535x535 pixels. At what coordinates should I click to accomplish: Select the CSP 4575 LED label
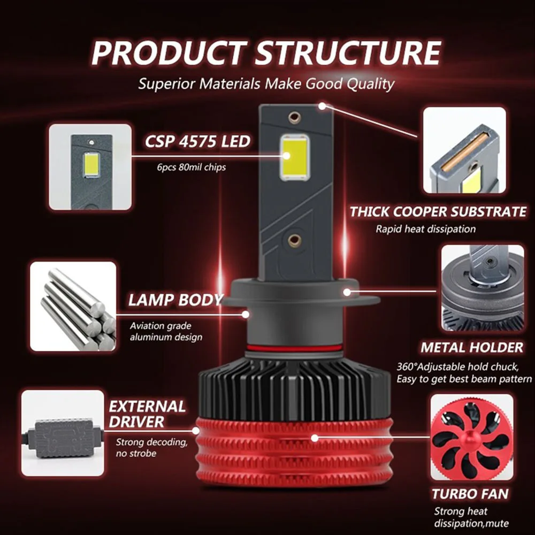point(197,141)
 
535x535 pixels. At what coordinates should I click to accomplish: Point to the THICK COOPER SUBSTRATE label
point(438,211)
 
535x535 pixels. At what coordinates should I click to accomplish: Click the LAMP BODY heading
point(174,300)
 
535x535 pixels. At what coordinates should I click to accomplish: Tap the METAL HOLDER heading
point(471,347)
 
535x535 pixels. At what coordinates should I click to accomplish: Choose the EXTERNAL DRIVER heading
point(147,414)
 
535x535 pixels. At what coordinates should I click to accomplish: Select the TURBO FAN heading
point(470,493)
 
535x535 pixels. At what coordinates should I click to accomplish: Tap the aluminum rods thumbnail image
point(73,306)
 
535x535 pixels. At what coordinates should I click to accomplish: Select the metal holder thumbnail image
point(474,289)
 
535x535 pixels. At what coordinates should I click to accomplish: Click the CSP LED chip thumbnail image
point(89,167)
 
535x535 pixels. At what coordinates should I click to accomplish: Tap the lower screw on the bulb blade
point(294,240)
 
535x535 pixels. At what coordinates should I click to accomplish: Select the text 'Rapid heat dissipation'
point(425,229)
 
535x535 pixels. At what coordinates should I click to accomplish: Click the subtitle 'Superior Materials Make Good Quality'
point(266,84)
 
